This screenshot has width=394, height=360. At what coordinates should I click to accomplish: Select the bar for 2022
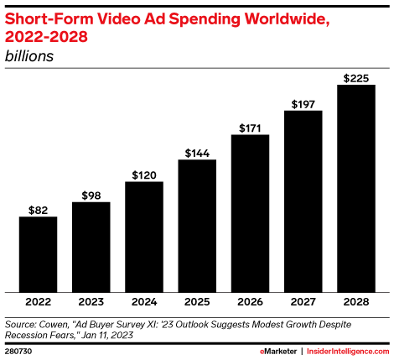point(38,254)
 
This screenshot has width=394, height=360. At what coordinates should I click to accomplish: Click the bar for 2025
point(197,226)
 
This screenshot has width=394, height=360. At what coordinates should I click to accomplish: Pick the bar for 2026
point(250,213)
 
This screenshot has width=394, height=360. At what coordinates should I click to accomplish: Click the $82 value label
point(38,209)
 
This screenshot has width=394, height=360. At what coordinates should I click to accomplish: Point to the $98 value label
point(91,195)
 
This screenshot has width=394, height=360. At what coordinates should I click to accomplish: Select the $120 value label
point(144,175)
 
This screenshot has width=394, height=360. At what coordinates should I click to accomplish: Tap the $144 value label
point(197,153)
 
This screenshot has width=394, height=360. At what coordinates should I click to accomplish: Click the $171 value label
point(250,128)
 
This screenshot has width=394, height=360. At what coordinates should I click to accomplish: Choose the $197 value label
point(303,103)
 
